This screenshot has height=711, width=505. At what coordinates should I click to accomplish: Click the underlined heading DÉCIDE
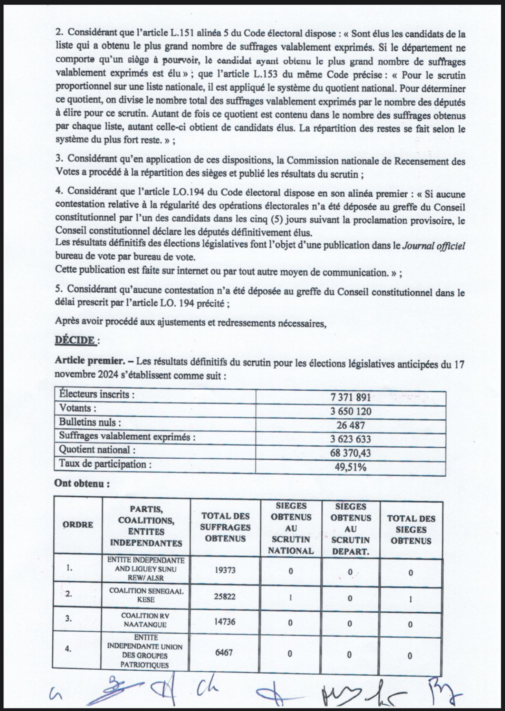click(75, 340)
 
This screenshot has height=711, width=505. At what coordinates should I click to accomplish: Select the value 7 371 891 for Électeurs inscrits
click(351, 397)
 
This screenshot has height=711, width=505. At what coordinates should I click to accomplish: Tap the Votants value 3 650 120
click(351, 412)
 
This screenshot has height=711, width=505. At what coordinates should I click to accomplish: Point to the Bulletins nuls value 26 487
click(351, 425)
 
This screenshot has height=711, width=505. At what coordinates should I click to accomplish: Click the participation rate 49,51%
click(351, 467)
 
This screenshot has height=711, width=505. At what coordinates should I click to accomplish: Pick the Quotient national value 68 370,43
click(351, 453)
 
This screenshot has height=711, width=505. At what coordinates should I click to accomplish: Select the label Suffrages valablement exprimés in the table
click(127, 436)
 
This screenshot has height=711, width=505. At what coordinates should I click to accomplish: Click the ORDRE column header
click(78, 525)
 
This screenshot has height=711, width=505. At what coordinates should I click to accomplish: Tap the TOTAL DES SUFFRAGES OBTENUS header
click(225, 527)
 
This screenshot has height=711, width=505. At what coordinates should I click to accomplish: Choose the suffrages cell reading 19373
click(225, 569)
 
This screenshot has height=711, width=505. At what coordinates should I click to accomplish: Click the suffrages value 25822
click(225, 596)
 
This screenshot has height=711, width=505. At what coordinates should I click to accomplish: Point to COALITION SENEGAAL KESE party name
click(146, 595)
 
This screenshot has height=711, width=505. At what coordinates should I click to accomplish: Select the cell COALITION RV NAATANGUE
click(146, 620)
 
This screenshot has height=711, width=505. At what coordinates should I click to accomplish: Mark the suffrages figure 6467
click(224, 652)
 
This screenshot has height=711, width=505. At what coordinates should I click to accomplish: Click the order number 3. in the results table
click(68, 619)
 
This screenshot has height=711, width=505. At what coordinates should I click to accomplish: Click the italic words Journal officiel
click(433, 246)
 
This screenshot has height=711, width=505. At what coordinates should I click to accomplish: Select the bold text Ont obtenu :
click(82, 483)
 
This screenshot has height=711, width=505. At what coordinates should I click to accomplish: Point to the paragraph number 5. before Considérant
click(59, 289)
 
